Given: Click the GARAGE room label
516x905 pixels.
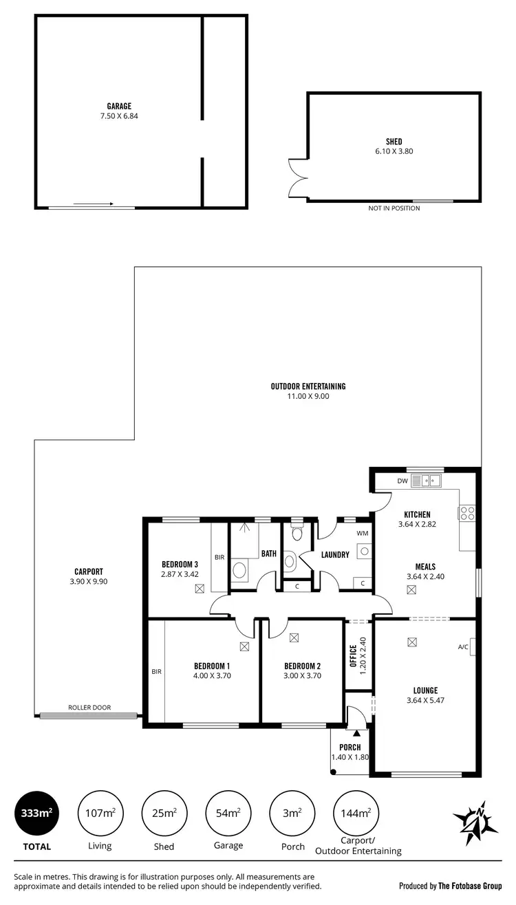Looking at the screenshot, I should pyautogui.click(x=119, y=107).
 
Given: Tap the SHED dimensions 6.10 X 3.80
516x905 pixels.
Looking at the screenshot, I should pyautogui.click(x=394, y=151).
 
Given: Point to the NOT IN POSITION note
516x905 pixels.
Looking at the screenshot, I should pyautogui.click(x=394, y=208).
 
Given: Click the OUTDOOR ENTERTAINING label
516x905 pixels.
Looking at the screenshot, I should pyautogui.click(x=308, y=386).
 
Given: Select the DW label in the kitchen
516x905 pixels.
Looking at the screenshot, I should pyautogui.click(x=402, y=481).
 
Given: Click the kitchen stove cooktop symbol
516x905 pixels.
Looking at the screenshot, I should pyautogui.click(x=466, y=512).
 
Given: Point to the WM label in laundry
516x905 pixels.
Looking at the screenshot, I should pyautogui.click(x=362, y=533).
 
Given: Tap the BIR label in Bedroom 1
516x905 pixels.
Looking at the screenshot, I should pyautogui.click(x=156, y=671).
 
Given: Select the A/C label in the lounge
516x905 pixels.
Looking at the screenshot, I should pyautogui.click(x=462, y=646).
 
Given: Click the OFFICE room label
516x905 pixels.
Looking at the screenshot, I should pyautogui.click(x=353, y=657).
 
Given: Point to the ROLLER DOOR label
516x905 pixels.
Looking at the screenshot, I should pyautogui.click(x=89, y=708).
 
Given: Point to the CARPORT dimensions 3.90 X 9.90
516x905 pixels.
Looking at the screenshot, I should pyautogui.click(x=89, y=581).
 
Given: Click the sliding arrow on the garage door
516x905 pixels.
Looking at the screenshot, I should pyautogui.click(x=93, y=204).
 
